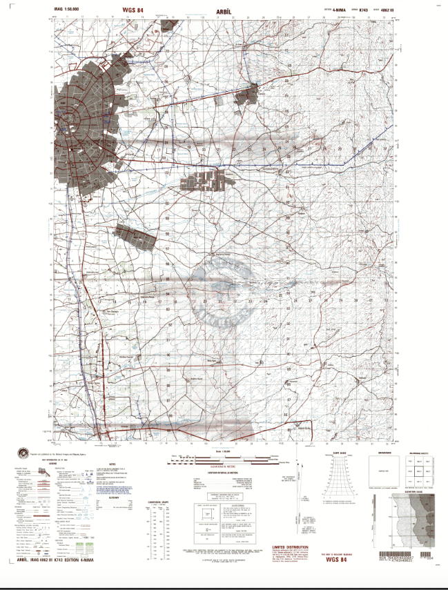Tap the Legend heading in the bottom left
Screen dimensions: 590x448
[51, 463]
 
